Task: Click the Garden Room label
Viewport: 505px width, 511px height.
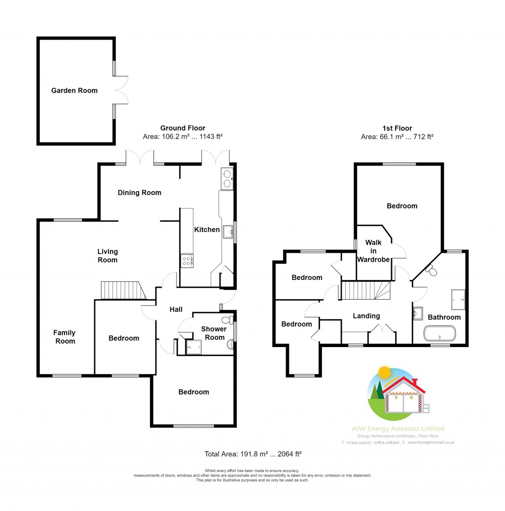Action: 74,90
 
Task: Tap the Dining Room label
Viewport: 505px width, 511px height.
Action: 140,193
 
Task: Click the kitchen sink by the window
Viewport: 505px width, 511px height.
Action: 228,232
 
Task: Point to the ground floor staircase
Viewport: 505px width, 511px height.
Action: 123,291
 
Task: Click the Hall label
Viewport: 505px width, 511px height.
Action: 176,310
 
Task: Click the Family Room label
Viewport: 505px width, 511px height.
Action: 65,337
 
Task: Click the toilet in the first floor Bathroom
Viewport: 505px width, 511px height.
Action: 431,271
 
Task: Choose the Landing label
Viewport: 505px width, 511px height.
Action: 366,316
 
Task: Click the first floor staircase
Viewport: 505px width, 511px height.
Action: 365,290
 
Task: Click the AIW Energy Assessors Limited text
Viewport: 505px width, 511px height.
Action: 398,429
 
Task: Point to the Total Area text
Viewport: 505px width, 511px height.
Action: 253,454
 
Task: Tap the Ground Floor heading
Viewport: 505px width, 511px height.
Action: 183,128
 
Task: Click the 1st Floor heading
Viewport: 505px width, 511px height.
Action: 397,128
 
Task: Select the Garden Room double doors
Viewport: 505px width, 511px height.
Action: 121,89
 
